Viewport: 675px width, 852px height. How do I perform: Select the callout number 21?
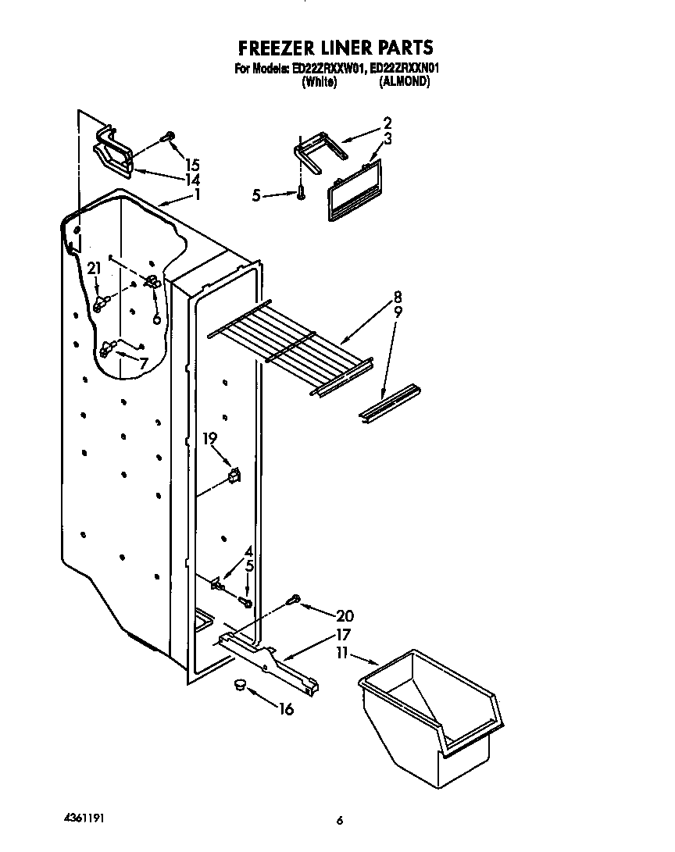[x=95, y=269]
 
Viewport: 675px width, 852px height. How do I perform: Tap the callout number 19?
[x=209, y=439]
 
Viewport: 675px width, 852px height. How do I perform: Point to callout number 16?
[x=286, y=709]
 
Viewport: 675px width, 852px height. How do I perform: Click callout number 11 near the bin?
[x=341, y=652]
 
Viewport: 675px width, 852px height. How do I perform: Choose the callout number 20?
[x=344, y=615]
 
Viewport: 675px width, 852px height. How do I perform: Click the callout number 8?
[x=398, y=297]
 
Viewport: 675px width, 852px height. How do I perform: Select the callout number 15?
[x=192, y=165]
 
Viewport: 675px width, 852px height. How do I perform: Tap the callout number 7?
[x=143, y=363]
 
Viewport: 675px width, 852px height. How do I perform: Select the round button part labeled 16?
[x=239, y=685]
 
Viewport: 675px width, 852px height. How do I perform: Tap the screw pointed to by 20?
[x=295, y=600]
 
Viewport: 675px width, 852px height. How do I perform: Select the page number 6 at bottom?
[x=339, y=821]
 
